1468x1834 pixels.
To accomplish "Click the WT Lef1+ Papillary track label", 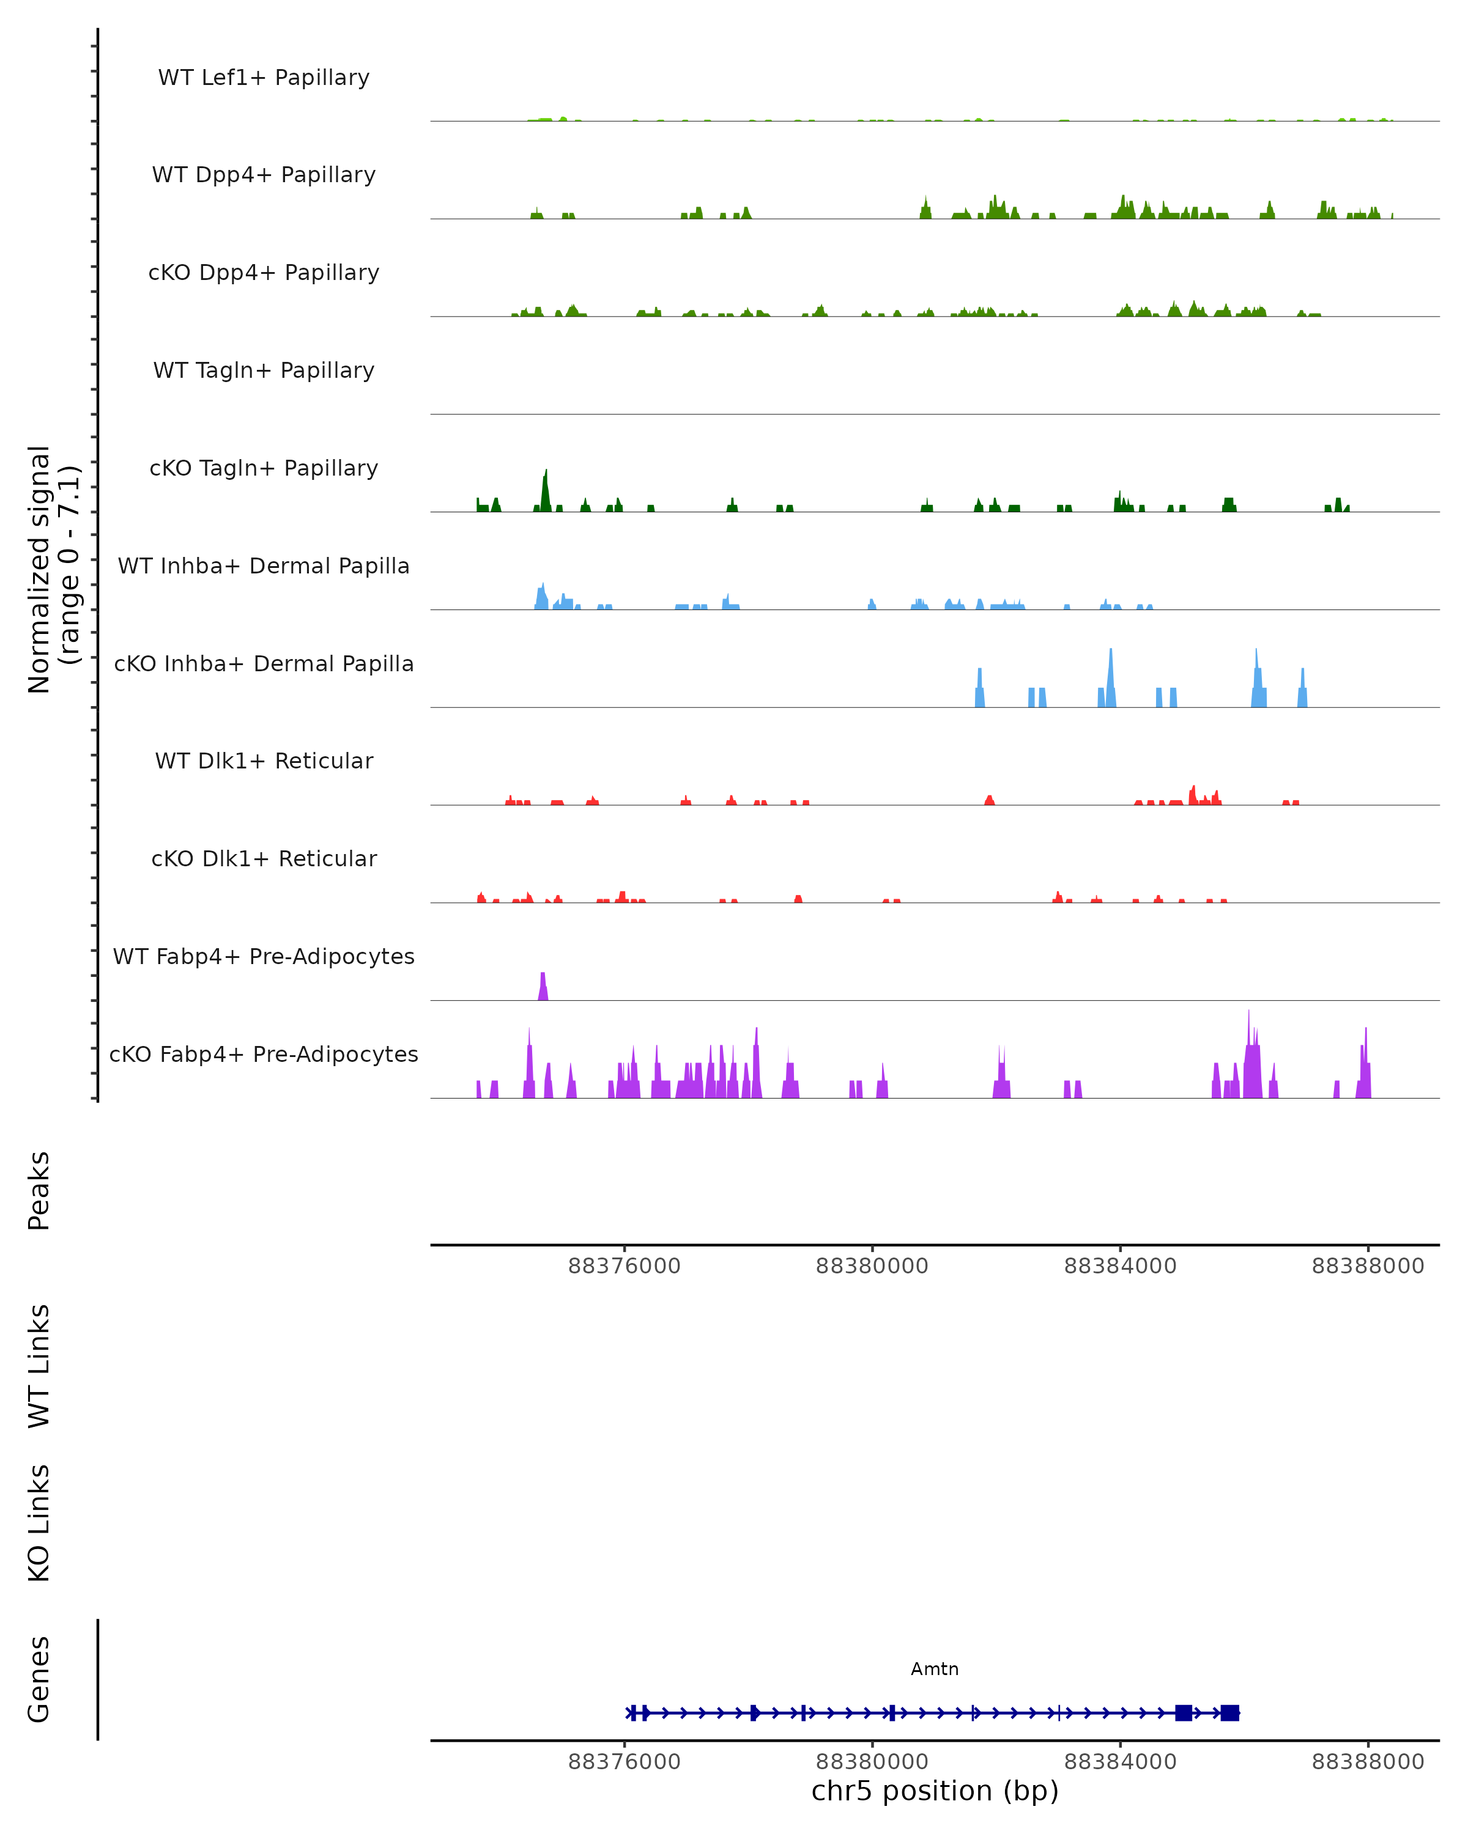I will click(x=264, y=78).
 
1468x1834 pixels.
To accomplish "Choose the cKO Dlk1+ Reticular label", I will click(x=264, y=858).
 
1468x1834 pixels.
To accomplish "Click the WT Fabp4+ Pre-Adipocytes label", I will click(x=264, y=956).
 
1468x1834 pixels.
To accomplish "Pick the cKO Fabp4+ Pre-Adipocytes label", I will click(x=264, y=1054).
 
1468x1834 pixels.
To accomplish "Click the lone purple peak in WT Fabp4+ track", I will click(x=543, y=987).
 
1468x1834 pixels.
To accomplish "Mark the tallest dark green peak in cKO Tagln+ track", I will click(x=546, y=489).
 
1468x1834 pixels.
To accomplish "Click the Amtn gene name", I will click(x=935, y=1669).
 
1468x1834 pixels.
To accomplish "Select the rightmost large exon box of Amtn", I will click(x=1229, y=1712).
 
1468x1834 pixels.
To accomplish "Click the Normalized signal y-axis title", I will click(x=53, y=569).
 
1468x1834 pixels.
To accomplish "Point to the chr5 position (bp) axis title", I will click(x=935, y=1791).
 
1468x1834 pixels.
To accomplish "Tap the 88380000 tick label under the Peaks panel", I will click(x=872, y=1266).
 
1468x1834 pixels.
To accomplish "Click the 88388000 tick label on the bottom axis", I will click(x=1368, y=1762).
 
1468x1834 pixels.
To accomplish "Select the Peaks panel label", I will click(x=39, y=1190).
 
